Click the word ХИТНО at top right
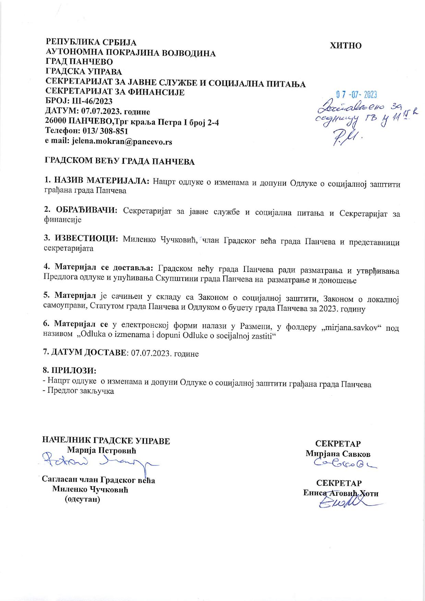345,46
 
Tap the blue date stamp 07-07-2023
356,95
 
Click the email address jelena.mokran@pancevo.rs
122,141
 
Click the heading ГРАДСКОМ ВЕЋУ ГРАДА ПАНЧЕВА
120,162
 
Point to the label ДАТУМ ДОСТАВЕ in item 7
89,353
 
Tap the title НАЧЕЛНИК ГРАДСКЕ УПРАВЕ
106,441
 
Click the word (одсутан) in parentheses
83,499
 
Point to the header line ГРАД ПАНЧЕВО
79,62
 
